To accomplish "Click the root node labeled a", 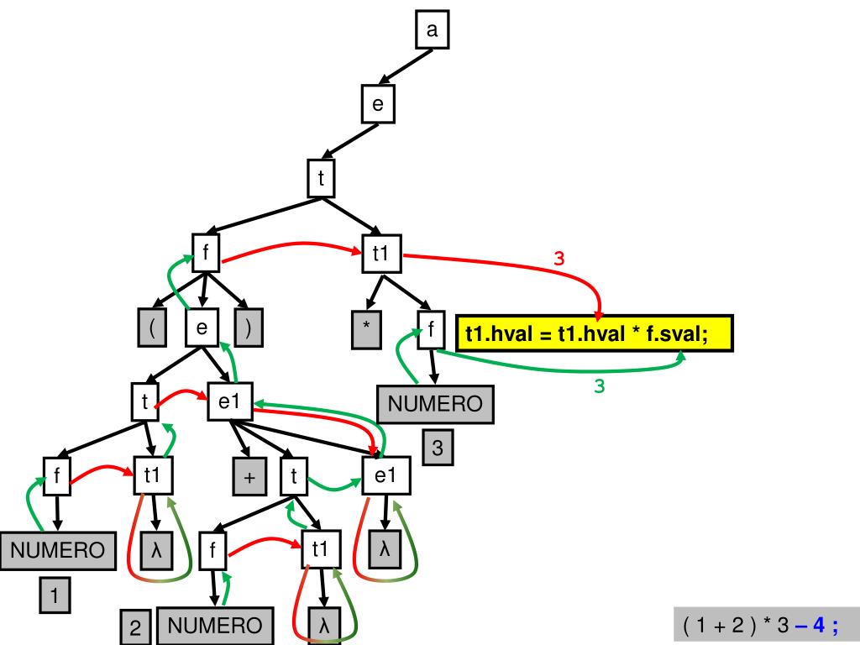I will coord(433,31).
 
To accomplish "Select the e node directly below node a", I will coord(378,104).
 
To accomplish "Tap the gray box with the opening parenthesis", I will coord(151,328).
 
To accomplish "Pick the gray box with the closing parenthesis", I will coord(249,328).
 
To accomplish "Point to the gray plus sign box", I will coord(249,478).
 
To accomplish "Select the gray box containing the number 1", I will coord(55,597).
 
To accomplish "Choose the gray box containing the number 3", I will coord(438,448).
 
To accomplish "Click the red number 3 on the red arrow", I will coord(559,259).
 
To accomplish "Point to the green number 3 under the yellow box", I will coord(600,387).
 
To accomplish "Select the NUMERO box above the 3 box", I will coord(435,405).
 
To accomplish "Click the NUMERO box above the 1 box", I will coord(57,551).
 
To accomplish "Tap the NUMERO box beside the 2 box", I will coord(214,626).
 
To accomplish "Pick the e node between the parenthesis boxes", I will coord(202,328).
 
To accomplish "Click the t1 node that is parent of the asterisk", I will coord(381,254).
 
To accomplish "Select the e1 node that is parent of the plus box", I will coord(229,402).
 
